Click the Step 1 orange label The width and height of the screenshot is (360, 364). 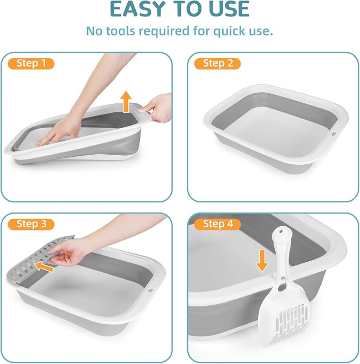coord(31,64)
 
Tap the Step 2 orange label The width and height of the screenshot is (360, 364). coord(218,64)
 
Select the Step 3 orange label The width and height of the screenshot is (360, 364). coord(31,224)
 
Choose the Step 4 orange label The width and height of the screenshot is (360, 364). coord(218,224)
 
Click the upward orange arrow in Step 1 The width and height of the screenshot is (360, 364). coord(126,101)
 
